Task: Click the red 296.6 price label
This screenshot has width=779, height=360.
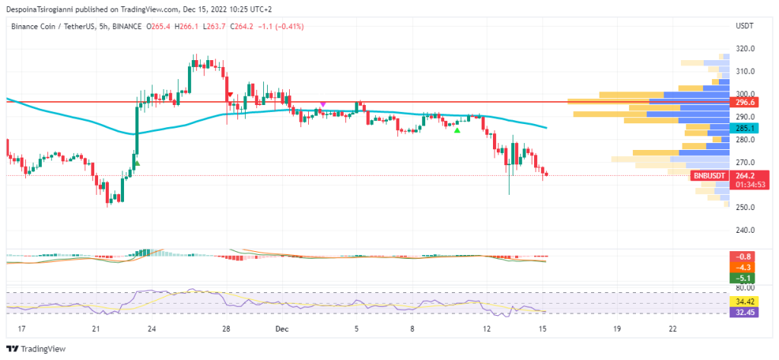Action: pyautogui.click(x=745, y=101)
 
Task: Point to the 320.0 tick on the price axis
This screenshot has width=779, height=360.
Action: pyautogui.click(x=745, y=49)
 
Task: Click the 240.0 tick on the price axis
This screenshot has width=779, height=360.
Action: pyautogui.click(x=745, y=230)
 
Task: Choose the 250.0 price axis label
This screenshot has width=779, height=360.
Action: pyautogui.click(x=745, y=208)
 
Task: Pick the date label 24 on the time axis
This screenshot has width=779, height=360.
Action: pyautogui.click(x=152, y=330)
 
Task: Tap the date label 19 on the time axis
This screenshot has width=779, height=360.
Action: pyautogui.click(x=617, y=330)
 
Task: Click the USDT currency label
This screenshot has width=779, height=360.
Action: pyautogui.click(x=745, y=26)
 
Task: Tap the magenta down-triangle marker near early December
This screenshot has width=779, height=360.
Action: pyautogui.click(x=323, y=104)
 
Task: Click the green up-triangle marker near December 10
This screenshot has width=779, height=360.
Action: pyautogui.click(x=456, y=131)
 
